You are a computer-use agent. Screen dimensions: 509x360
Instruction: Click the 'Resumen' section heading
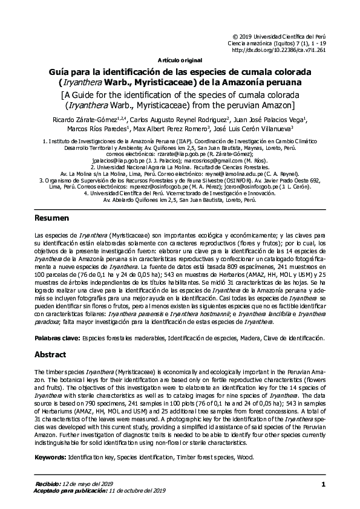51,218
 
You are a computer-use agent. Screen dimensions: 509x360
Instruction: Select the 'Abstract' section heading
50,354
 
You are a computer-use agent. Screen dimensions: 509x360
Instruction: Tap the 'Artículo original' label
179,61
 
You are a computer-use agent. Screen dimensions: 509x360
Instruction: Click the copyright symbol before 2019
236,37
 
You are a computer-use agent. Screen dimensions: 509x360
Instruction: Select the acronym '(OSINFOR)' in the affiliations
218,180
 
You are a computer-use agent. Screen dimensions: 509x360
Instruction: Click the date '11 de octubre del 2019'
137,491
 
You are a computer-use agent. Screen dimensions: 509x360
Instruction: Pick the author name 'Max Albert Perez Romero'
171,129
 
